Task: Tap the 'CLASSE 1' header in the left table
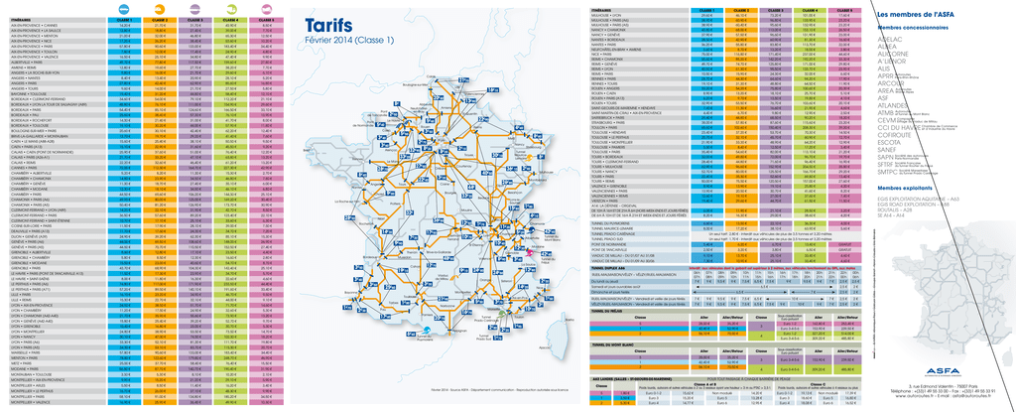pos(124,18)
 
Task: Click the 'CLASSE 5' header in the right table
pos(844,8)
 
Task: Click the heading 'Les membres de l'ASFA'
pos(914,14)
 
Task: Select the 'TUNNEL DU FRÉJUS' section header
pos(607,310)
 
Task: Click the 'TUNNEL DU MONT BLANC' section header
pos(612,343)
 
